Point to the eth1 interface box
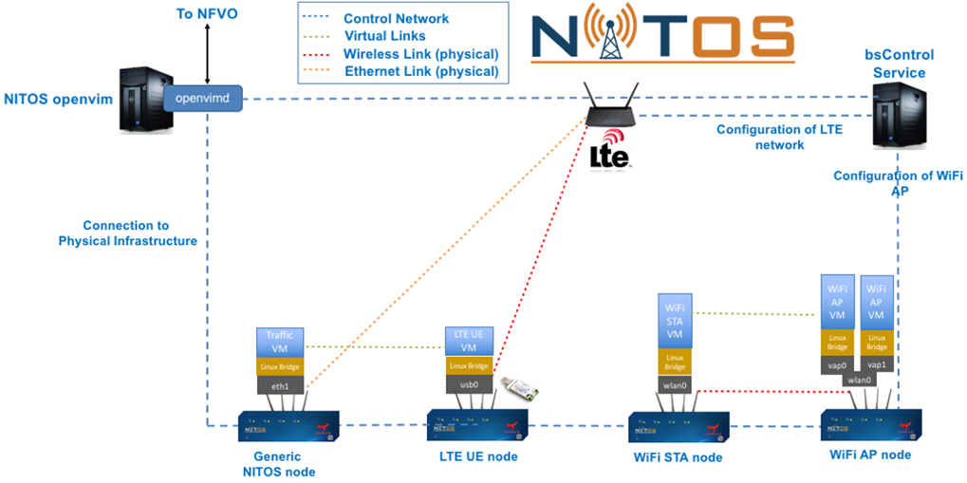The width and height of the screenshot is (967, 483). click(279, 385)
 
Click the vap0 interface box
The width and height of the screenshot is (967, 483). click(837, 363)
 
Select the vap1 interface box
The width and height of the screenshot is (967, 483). click(878, 363)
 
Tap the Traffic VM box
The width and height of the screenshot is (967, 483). click(279, 342)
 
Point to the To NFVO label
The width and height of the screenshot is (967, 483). click(206, 14)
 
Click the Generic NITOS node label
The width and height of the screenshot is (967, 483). click(278, 464)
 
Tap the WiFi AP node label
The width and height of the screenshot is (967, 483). click(869, 455)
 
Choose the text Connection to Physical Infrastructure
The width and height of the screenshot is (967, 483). click(127, 233)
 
